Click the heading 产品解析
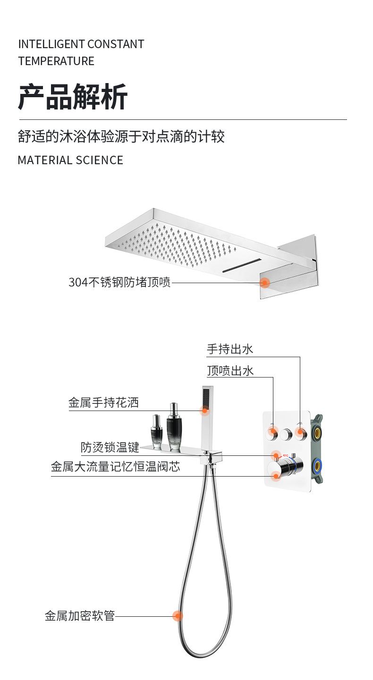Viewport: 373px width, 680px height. tap(73, 97)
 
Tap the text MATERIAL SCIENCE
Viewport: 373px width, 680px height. tap(70, 160)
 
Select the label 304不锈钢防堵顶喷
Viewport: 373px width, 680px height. tap(119, 283)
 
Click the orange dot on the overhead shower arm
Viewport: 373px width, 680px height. tap(265, 283)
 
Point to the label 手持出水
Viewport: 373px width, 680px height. tap(230, 349)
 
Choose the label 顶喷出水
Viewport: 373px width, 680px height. tap(230, 371)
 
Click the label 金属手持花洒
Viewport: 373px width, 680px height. tap(103, 403)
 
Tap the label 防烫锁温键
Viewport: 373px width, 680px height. tap(110, 447)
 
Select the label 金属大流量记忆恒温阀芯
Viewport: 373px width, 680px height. tap(116, 467)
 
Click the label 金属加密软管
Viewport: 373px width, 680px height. tap(80, 616)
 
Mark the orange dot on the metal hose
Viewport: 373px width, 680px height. tap(178, 616)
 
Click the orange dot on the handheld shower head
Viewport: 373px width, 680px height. tap(205, 411)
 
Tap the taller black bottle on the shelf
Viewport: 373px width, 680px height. tap(174, 427)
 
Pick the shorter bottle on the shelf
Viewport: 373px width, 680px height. tap(156, 431)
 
